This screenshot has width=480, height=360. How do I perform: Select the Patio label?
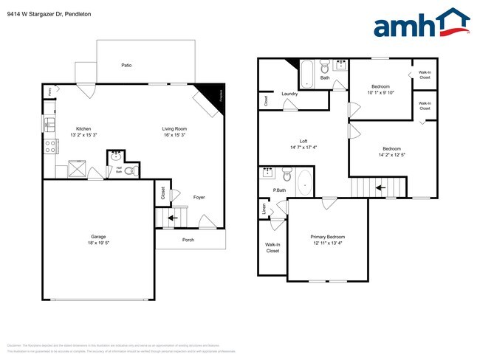(126, 66)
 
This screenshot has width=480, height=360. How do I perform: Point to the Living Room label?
(174, 129)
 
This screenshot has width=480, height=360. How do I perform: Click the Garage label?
(98, 237)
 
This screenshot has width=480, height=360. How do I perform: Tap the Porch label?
(190, 239)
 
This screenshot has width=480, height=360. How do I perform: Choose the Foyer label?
(199, 197)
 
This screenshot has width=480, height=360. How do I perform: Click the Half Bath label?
(118, 169)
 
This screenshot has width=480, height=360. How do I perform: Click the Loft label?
(304, 141)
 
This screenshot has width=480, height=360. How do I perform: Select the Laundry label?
(289, 94)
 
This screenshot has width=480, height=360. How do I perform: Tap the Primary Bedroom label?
(328, 237)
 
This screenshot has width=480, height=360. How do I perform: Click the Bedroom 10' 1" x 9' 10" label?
(381, 86)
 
